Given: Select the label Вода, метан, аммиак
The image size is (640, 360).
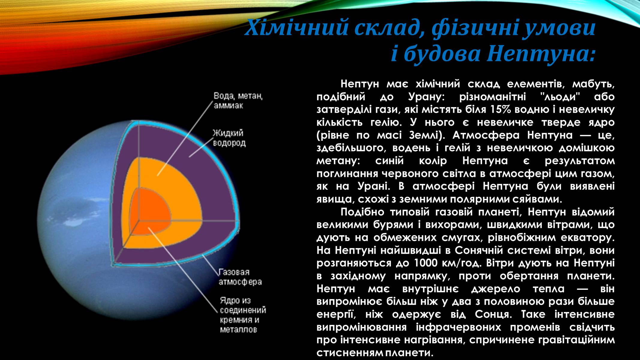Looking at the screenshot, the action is [x=238, y=101].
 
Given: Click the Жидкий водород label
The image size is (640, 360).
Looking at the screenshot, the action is [x=229, y=138].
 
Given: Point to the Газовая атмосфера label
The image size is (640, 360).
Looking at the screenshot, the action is [x=240, y=277].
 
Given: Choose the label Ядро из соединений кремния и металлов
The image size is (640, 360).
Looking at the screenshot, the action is [x=243, y=315].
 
